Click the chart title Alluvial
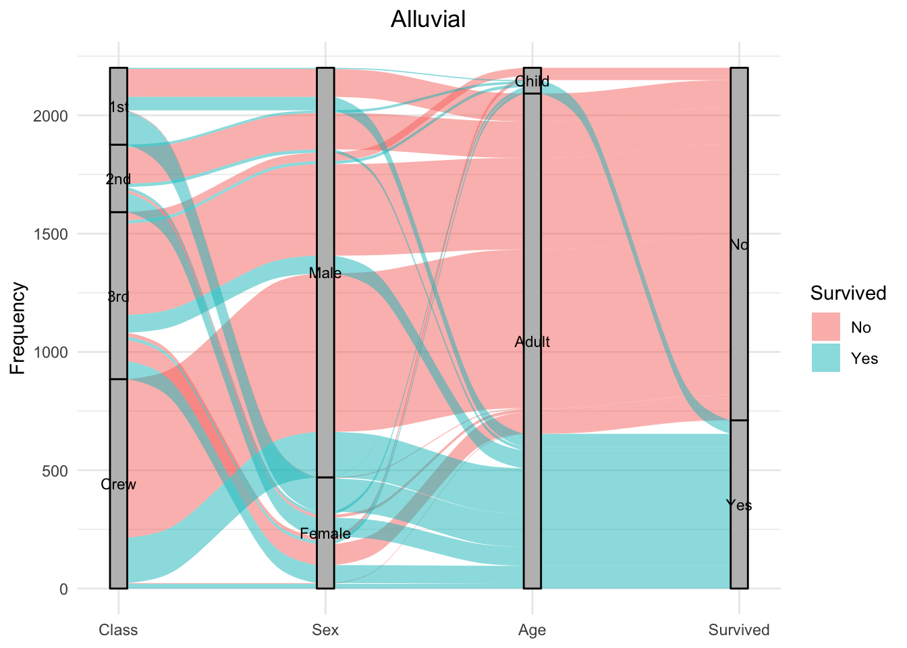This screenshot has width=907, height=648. click(x=428, y=19)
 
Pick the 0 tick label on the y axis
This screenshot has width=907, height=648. click(x=63, y=589)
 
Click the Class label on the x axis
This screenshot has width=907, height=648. click(x=118, y=630)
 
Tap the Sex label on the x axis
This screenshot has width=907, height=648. click(x=325, y=630)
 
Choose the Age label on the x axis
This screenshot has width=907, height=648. click(x=532, y=630)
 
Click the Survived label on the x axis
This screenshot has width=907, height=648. click(x=739, y=630)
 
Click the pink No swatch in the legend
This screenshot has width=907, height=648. click(x=825, y=327)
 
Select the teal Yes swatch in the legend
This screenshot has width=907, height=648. click(x=825, y=358)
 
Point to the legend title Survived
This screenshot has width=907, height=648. click(x=848, y=293)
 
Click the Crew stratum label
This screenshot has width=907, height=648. click(x=118, y=484)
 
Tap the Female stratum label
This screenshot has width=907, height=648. click(x=325, y=534)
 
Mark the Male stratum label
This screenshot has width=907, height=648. click(x=325, y=273)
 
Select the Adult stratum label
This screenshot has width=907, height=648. click(x=532, y=342)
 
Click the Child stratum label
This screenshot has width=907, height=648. click(x=532, y=82)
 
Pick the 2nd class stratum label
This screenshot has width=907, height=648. click(x=118, y=180)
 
